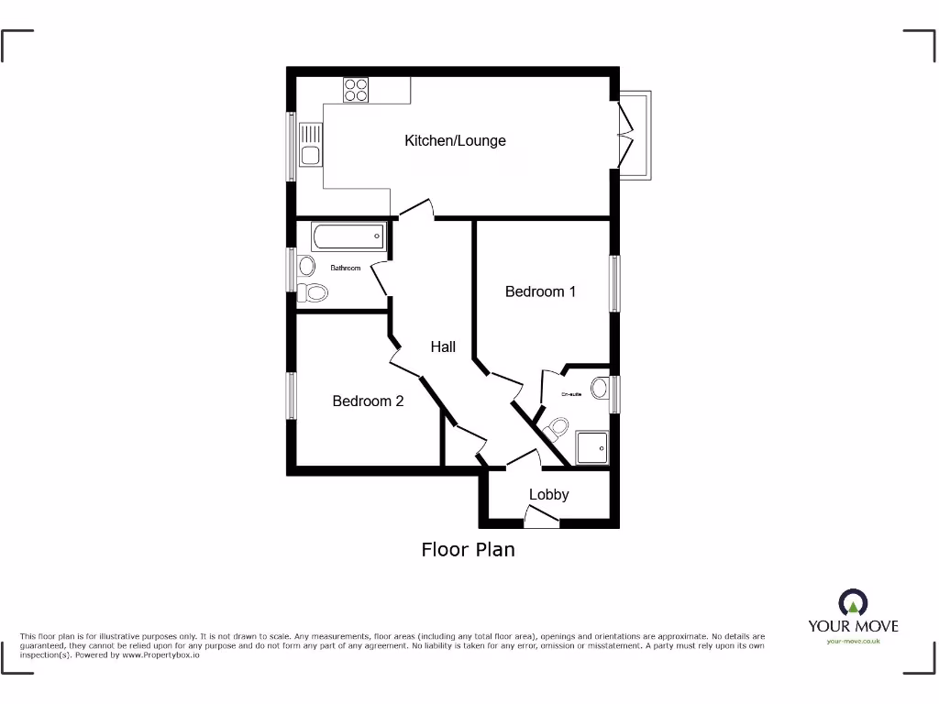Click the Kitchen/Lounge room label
[x=455, y=140]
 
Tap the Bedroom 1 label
[x=540, y=291]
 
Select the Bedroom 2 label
[x=368, y=401]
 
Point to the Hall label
[x=443, y=346]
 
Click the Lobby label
[x=548, y=495]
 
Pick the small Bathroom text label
[x=345, y=268]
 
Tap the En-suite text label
[x=571, y=394]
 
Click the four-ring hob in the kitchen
[x=356, y=90]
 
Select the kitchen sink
[x=309, y=146]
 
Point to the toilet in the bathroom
[x=313, y=292]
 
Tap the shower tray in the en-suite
[x=592, y=448]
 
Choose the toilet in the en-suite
[x=556, y=427]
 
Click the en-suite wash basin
[x=601, y=388]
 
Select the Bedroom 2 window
[x=291, y=397]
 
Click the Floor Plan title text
[x=468, y=549]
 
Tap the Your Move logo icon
[x=852, y=603]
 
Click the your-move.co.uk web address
[x=853, y=642]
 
